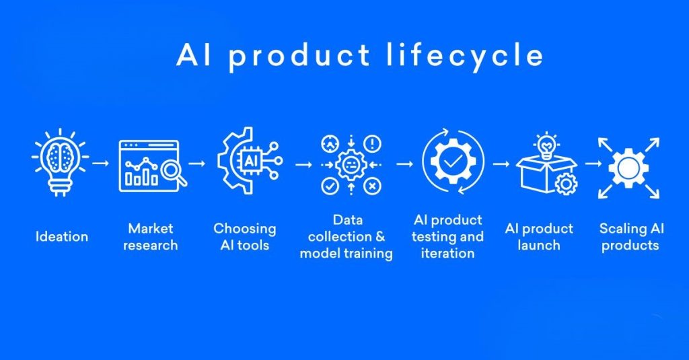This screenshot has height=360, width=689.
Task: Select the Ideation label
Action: click(62, 236)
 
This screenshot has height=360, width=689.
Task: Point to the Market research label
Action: click(151, 237)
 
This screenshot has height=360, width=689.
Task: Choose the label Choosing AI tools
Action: click(245, 236)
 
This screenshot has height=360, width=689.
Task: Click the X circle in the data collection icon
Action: click(373, 186)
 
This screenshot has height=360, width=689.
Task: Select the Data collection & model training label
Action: click(347, 237)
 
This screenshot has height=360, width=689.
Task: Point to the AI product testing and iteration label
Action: click(447, 237)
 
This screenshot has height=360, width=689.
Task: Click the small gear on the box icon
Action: click(567, 183)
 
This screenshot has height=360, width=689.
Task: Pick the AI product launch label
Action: click(539, 236)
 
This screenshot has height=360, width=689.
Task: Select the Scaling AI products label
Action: click(631, 236)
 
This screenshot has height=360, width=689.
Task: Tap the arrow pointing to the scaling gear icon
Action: click(593, 163)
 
